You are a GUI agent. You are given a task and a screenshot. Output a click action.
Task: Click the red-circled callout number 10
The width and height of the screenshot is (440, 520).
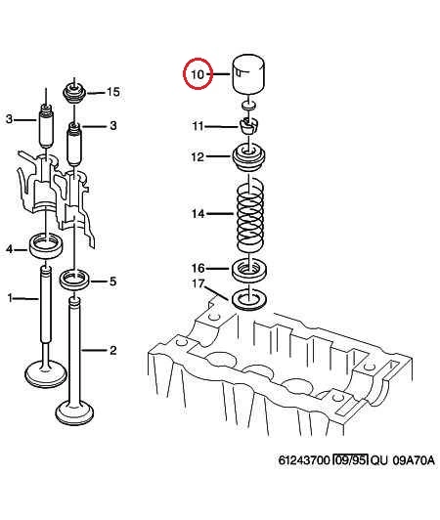click(x=198, y=73)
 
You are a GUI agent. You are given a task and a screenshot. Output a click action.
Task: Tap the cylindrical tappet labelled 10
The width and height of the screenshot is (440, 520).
click(x=248, y=74)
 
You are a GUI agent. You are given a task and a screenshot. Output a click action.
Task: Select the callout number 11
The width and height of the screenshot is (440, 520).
click(x=198, y=126)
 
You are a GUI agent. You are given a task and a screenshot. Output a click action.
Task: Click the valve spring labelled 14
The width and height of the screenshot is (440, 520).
click(x=250, y=214)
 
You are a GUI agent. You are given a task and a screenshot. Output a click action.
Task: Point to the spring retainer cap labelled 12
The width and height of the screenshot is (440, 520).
click(x=248, y=158)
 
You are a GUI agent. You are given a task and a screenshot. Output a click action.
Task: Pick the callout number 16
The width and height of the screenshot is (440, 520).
click(x=198, y=268)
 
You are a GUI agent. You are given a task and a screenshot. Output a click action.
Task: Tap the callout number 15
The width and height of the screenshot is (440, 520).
click(x=113, y=92)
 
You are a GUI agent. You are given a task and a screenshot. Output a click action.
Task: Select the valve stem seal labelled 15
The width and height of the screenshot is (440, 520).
click(x=74, y=93)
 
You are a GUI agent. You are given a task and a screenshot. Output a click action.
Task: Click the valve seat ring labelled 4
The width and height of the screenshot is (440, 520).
click(x=46, y=245)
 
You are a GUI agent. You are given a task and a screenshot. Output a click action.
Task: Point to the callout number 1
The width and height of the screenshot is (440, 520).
click(x=11, y=298)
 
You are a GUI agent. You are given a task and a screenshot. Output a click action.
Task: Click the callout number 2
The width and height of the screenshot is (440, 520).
click(x=113, y=350)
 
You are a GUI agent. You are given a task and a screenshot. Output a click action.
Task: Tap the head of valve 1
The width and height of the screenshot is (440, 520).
click(x=46, y=374)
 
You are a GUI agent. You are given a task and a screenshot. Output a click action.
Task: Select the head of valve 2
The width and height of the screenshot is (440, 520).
click(x=74, y=412)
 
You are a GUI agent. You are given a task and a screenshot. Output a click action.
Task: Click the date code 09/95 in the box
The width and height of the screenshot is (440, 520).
click(x=351, y=460)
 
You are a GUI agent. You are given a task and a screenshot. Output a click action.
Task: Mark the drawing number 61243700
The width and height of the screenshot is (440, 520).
click(x=304, y=460)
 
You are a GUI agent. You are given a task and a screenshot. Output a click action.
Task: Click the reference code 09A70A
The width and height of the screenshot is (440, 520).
click(x=414, y=460)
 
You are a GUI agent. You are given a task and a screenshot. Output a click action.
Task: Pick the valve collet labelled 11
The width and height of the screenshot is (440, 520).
click(x=249, y=125)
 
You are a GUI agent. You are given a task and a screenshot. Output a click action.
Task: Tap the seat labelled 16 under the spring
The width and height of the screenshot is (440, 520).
click(x=248, y=271)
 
